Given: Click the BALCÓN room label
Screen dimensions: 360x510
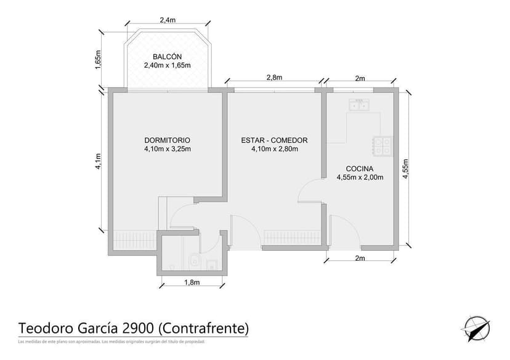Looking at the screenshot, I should [167, 57].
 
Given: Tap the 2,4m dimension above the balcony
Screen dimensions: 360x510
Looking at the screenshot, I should [167, 20].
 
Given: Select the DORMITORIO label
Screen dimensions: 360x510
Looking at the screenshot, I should [167, 140].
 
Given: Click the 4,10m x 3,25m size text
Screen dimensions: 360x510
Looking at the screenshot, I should [167, 149].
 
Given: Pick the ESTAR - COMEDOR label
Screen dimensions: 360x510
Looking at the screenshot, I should [274, 140].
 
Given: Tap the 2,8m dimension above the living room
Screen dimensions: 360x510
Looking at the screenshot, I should [274, 77].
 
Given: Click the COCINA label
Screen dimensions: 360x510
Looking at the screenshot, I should [360, 168].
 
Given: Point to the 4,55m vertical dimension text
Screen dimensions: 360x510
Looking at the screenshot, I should [405, 168].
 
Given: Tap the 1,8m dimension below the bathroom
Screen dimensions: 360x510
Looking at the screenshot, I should [192, 282].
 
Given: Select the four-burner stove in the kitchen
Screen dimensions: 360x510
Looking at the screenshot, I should [383, 145].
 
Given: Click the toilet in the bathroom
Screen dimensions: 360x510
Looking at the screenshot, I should [194, 261].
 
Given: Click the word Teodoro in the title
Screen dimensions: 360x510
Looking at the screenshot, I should [44, 327].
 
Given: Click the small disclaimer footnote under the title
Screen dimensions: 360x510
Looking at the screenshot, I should [111, 342].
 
